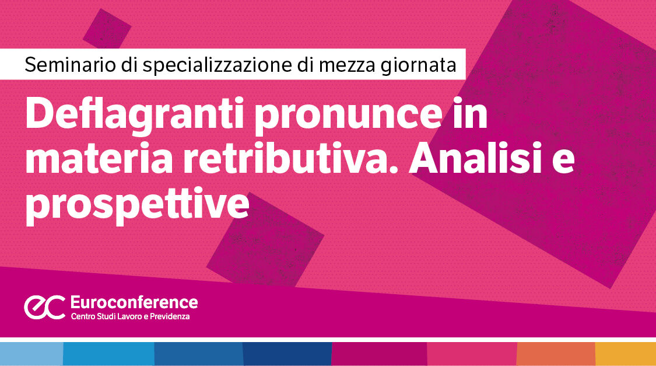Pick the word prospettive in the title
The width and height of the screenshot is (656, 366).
pos(137,205)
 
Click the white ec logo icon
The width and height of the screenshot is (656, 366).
pos(44,307)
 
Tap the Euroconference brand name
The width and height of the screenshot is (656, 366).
pos(134,302)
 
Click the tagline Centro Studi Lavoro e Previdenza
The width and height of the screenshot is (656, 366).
pos(130,316)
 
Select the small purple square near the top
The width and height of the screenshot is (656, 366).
pos(107,29)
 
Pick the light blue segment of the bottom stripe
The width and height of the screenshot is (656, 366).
pos(31,354)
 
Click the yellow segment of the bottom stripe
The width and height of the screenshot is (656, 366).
pos(626,354)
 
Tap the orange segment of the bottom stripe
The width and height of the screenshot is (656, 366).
pos(556,354)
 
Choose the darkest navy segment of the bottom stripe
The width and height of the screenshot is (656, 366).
pos(287,354)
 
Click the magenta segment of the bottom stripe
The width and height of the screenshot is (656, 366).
pos(379,354)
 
